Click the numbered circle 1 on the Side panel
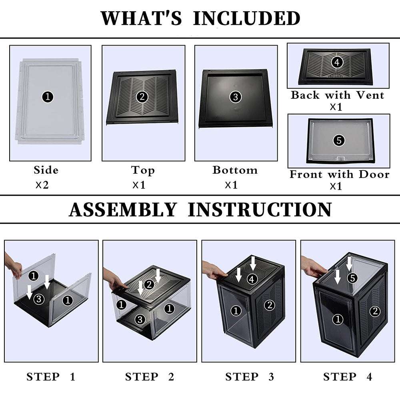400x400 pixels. [48, 97]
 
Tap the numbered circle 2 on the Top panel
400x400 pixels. [142, 96]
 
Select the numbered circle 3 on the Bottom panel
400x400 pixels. [235, 97]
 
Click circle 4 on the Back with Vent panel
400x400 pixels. [337, 62]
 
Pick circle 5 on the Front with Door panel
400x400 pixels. [338, 140]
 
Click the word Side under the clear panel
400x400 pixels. [46, 170]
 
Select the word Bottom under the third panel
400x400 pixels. [235, 170]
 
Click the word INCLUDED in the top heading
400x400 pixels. [246, 18]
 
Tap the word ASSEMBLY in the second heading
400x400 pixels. [122, 210]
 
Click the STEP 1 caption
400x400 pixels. [51, 376]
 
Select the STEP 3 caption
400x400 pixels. [250, 376]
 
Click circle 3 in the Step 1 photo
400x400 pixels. [38, 298]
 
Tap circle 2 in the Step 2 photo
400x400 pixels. [148, 284]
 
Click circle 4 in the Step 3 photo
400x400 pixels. [252, 280]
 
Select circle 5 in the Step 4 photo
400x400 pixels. [352, 278]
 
